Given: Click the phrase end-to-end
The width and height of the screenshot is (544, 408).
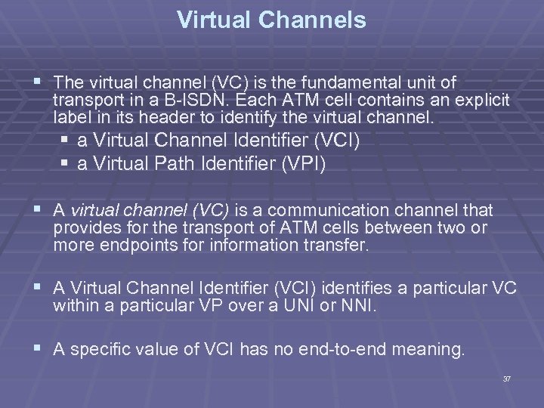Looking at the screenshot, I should tap(335, 350).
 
